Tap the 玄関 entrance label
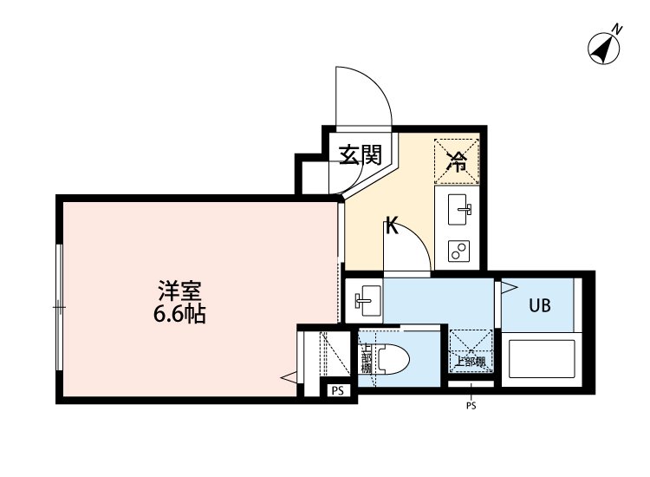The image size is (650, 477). click(x=360, y=155)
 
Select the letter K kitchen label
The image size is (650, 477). click(x=391, y=228)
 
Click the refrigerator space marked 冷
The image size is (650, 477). click(x=457, y=159)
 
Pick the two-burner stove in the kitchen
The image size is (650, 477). click(x=458, y=251)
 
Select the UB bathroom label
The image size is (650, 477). click(x=539, y=305)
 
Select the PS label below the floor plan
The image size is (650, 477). click(x=471, y=405)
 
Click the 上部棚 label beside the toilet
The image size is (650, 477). click(x=366, y=358)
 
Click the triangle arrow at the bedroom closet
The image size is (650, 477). click(x=289, y=377)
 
